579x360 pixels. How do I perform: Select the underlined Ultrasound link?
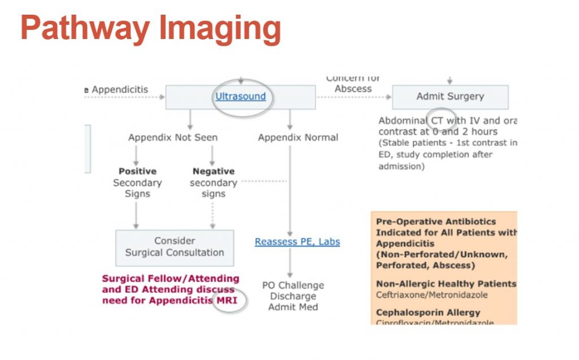240,97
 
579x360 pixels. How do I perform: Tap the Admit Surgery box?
450,97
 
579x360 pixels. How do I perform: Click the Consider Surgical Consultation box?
174,247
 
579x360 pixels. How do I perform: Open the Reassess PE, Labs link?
297,242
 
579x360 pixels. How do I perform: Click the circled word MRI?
227,300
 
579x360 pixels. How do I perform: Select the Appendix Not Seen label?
172,137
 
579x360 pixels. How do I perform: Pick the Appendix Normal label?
298,137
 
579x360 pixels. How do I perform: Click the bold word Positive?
137,171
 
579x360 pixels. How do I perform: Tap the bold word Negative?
213,171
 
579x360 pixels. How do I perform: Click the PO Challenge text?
293,285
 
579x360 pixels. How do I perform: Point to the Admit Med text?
293,307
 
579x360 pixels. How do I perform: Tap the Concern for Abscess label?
353,84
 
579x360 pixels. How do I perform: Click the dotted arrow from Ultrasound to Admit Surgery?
353,97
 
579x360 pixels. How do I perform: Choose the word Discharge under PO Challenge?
293,296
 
